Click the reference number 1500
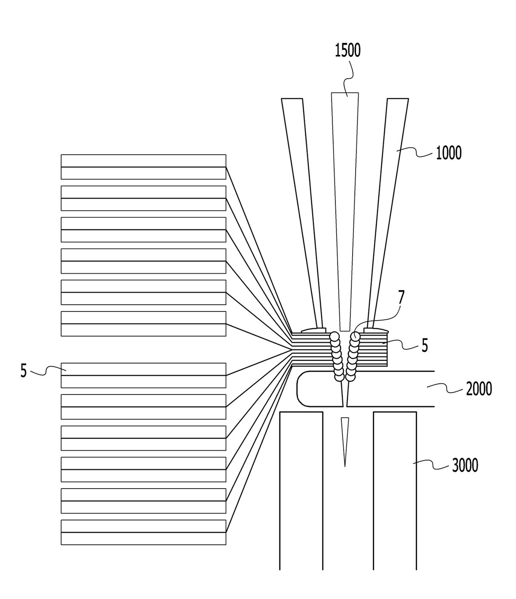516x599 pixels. (x=347, y=50)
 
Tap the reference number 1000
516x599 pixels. (x=448, y=153)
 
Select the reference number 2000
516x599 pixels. (x=479, y=389)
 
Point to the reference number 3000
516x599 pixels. (x=465, y=465)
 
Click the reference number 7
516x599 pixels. (x=401, y=298)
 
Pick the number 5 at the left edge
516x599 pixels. (x=24, y=371)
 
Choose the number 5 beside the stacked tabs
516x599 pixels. (x=425, y=345)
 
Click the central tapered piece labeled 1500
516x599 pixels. (x=345, y=211)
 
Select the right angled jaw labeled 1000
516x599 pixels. (x=388, y=214)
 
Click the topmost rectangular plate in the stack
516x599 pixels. (x=143, y=167)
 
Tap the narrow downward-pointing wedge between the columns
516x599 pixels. (x=344, y=442)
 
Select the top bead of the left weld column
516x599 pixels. (x=335, y=336)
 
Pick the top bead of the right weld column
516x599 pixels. (x=355, y=336)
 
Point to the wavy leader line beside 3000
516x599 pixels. (x=432, y=466)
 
